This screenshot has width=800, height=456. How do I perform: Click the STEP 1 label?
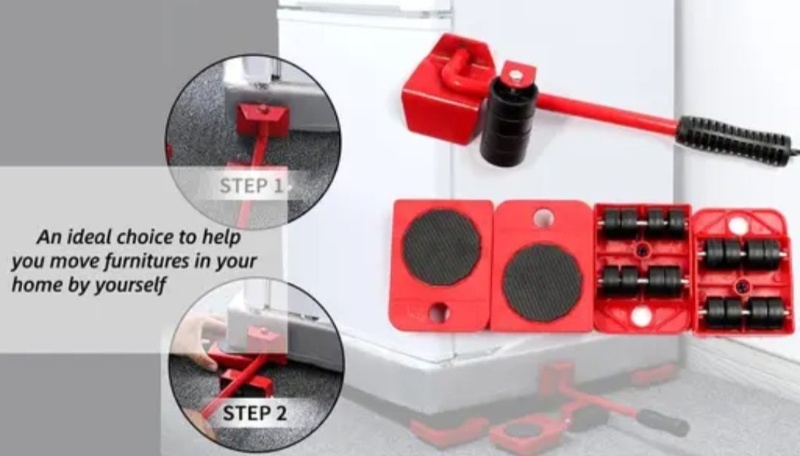(x=251, y=186)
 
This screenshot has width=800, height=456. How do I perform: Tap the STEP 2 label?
(x=255, y=412)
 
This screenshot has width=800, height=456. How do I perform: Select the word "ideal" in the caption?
(x=90, y=237)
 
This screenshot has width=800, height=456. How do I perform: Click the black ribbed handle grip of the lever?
(x=735, y=140)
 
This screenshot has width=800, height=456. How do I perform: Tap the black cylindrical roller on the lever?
(x=508, y=122)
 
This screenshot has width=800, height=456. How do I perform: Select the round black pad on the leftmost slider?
(x=441, y=247)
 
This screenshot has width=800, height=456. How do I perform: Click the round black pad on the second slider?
(x=541, y=283)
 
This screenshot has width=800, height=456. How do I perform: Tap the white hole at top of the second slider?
(x=544, y=218)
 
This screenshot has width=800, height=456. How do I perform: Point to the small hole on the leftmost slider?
(x=439, y=312)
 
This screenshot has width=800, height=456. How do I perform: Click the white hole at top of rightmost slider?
(x=739, y=225)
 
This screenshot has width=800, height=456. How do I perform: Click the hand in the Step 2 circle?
(x=201, y=339)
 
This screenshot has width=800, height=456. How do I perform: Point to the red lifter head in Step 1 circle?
(x=262, y=118)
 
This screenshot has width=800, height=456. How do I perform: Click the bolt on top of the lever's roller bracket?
(x=516, y=76)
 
